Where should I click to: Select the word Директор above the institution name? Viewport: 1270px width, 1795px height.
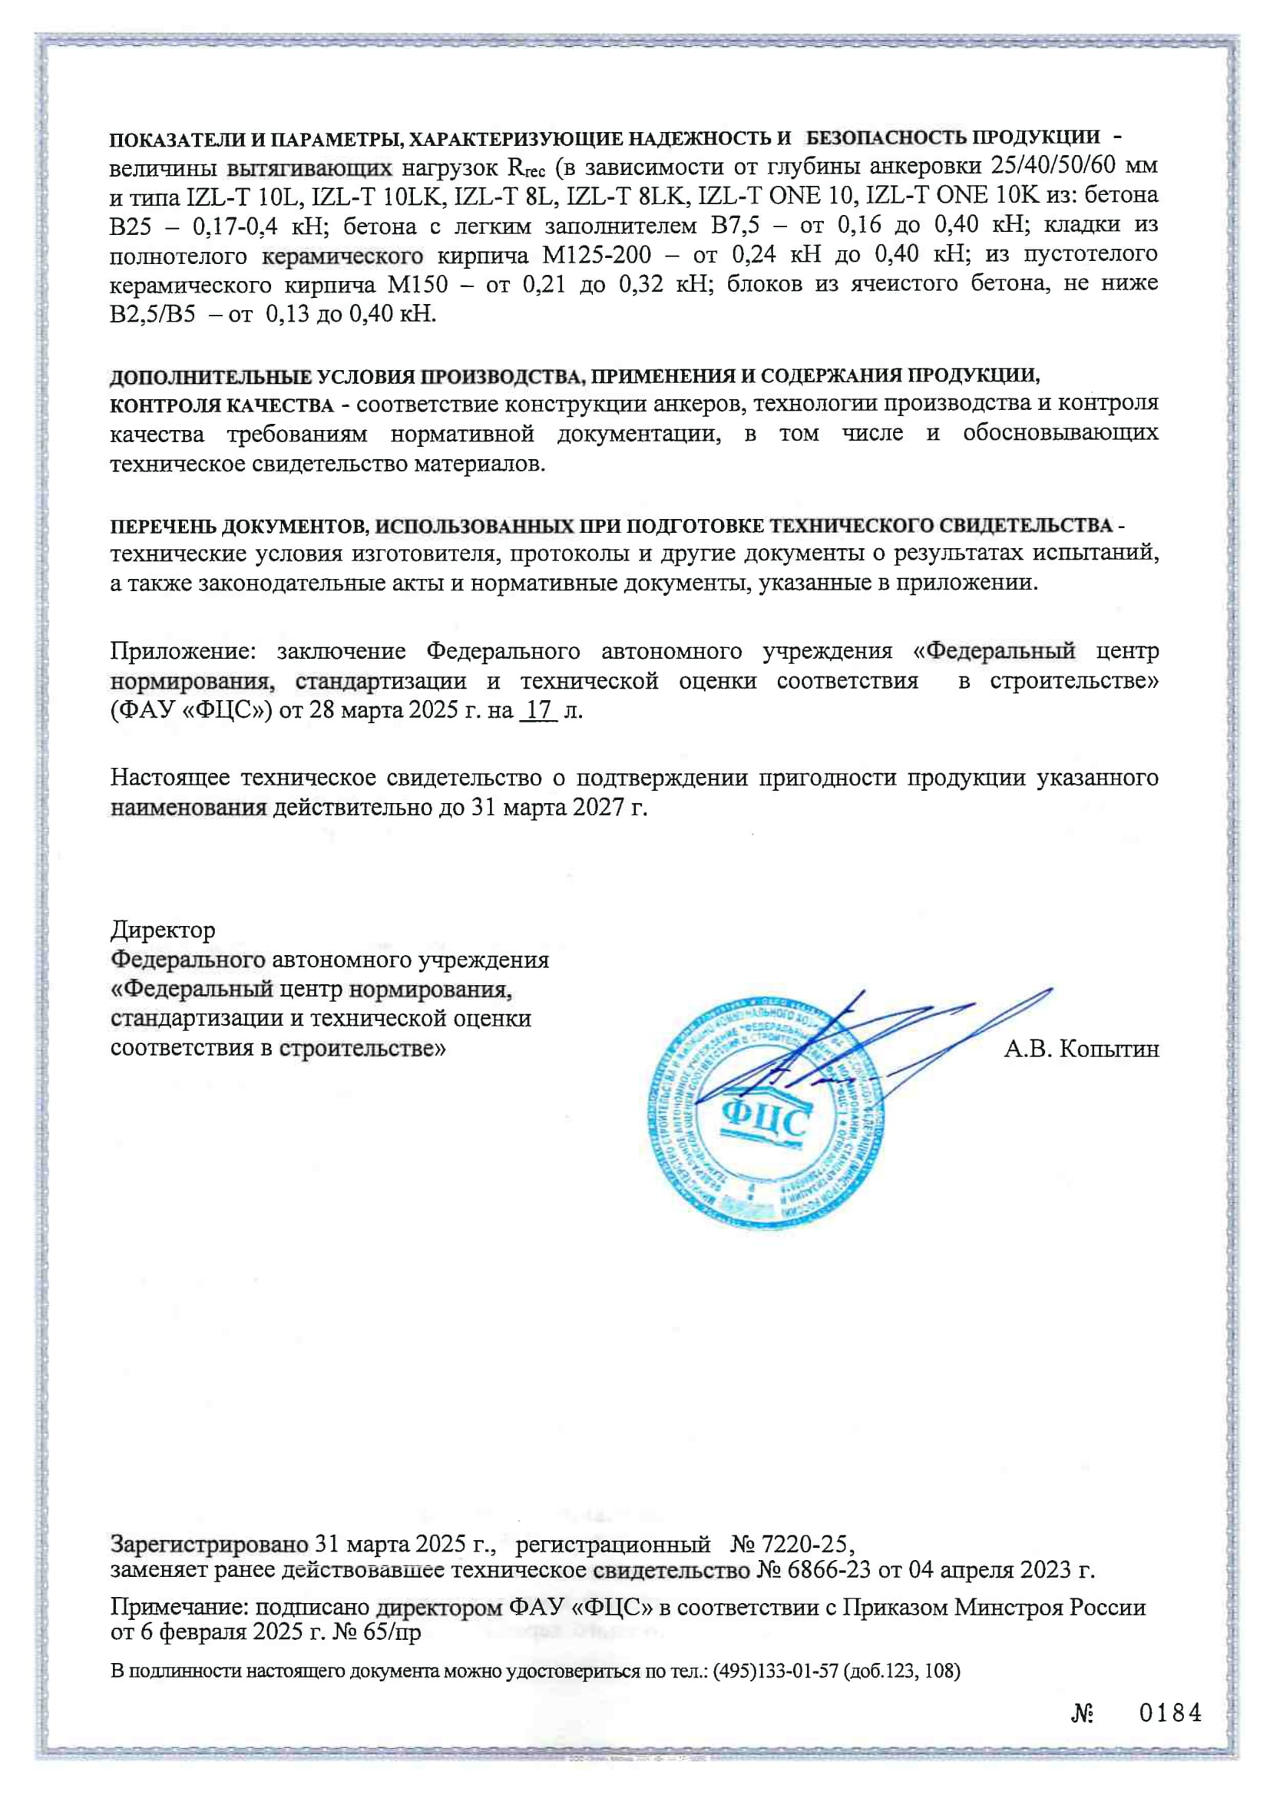click(x=163, y=931)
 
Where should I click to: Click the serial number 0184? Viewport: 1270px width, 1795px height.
click(x=1169, y=1714)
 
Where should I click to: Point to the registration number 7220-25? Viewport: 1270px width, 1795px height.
click(x=804, y=1545)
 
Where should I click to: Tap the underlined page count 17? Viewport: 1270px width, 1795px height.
click(x=539, y=711)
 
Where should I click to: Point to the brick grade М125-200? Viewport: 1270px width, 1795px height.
click(x=597, y=255)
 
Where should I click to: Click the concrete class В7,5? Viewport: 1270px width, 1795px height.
click(x=734, y=226)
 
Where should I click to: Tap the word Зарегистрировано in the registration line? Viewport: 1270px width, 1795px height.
click(x=209, y=1545)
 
